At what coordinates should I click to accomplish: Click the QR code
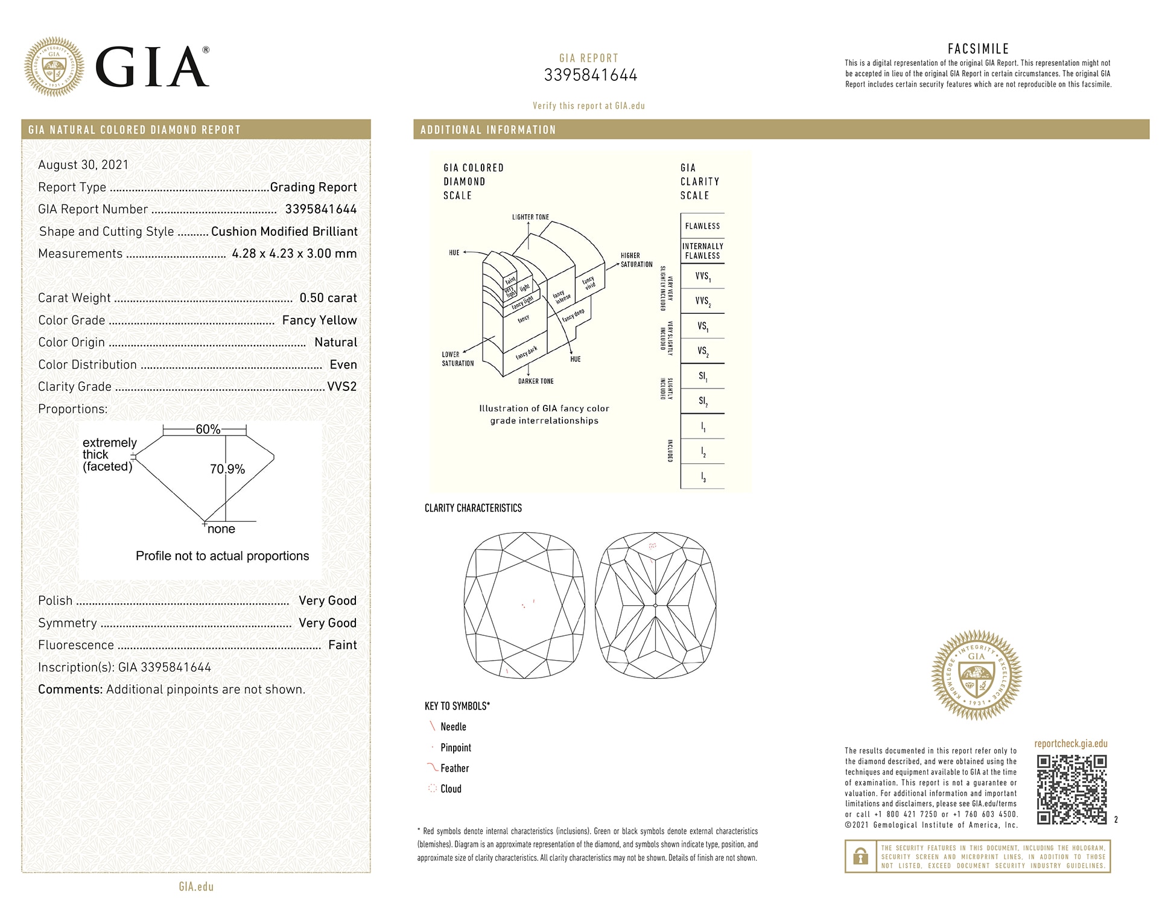tap(1071, 789)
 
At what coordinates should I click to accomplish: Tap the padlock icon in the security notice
tap(860, 856)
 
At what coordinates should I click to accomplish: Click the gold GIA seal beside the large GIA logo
tap(54, 66)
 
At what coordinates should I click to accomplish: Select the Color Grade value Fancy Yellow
tap(319, 320)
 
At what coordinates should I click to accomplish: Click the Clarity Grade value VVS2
tap(341, 387)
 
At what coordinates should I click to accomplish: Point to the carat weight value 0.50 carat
tap(328, 298)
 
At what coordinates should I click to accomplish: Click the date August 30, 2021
tap(83, 165)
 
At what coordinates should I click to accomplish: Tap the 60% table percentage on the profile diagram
tap(208, 430)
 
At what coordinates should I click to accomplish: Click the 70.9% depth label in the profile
tap(227, 469)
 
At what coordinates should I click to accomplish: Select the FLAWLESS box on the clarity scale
tap(702, 226)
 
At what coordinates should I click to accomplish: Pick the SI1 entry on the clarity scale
tap(702, 376)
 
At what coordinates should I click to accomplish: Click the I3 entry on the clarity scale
tap(702, 477)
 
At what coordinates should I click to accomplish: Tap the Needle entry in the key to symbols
tap(453, 727)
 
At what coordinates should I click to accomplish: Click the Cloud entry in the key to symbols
tap(451, 789)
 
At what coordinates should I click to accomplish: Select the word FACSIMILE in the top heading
tap(978, 49)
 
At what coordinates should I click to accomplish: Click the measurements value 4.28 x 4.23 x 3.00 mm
tap(294, 254)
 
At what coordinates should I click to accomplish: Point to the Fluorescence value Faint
tap(342, 645)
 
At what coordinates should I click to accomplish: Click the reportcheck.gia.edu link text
tap(1071, 744)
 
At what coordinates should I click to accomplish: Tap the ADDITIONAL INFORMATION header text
tap(487, 130)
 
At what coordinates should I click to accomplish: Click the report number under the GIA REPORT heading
tap(590, 75)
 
